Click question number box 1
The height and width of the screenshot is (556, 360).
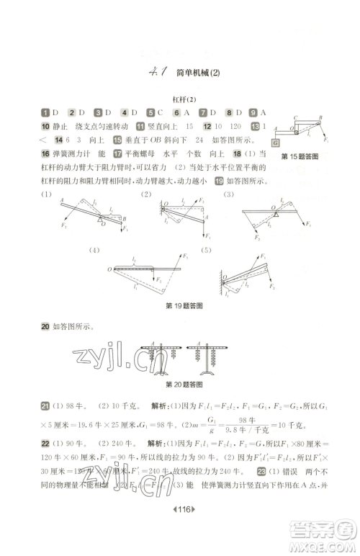45,112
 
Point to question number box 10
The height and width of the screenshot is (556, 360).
45,126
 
